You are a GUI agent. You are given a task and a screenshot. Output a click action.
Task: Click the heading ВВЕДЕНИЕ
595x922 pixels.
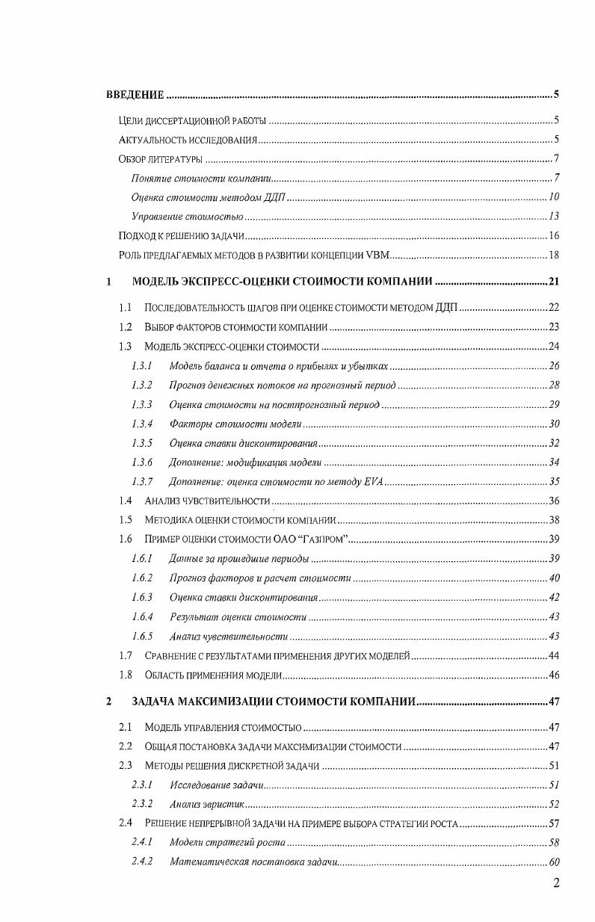[x=134, y=94]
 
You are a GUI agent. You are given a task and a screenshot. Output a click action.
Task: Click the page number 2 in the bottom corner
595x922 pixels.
[x=555, y=883]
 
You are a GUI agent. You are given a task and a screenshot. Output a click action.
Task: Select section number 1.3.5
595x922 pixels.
[x=141, y=443]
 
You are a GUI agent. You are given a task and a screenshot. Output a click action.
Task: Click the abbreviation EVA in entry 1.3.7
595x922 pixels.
[x=372, y=481]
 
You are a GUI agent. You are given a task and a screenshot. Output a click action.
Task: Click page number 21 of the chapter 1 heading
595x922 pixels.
[x=554, y=282]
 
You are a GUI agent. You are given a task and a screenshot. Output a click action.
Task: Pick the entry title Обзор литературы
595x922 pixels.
[x=156, y=159]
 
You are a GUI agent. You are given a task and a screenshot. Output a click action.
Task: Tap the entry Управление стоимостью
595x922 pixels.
[x=187, y=217]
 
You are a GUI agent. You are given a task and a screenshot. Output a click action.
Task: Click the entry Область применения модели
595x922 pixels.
[x=213, y=675]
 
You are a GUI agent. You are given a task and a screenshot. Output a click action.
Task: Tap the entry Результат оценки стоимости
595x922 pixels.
[x=238, y=616]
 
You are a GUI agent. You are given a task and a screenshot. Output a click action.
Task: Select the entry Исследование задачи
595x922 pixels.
[x=216, y=785]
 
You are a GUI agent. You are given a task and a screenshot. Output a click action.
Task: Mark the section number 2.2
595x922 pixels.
[x=126, y=746]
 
